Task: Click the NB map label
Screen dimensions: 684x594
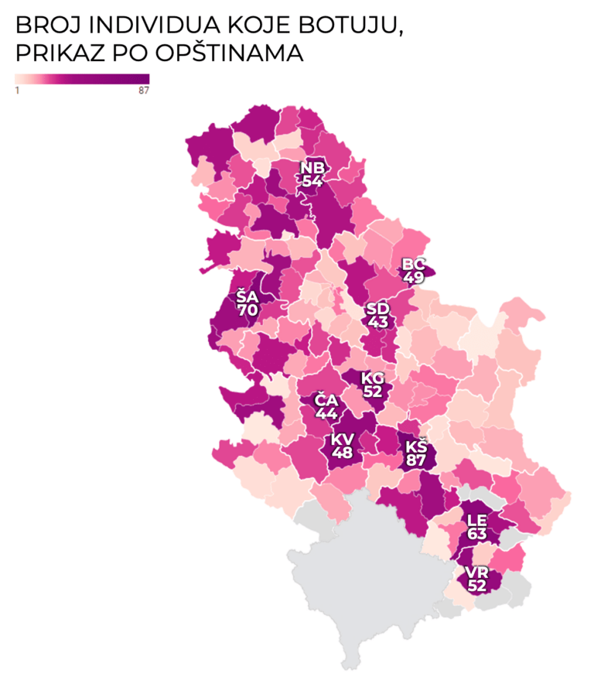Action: point(313,169)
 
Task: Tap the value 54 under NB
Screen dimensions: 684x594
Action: point(313,181)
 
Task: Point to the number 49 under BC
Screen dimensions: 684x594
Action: point(414,278)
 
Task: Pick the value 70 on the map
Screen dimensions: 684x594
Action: point(247,310)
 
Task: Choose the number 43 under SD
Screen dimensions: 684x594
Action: point(378,322)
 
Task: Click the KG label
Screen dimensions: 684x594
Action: point(373,378)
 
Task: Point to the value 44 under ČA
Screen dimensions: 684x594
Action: point(324,413)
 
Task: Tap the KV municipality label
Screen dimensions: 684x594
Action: point(341,439)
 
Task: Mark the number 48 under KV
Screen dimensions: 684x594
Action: point(341,453)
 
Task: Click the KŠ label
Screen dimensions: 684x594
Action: point(415,446)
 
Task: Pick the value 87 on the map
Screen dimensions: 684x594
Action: point(415,460)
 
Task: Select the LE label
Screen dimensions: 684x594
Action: point(476,522)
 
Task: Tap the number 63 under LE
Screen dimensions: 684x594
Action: point(476,534)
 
